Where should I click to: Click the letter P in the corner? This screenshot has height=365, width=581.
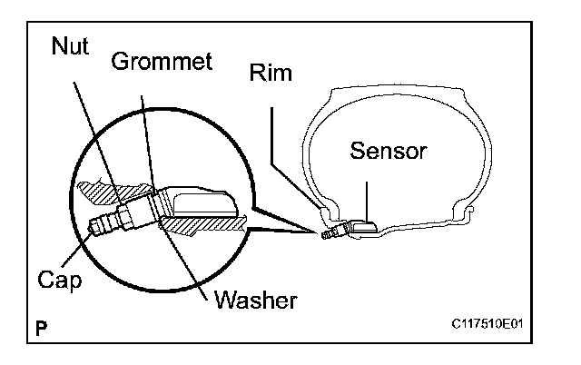pyautogui.click(x=43, y=327)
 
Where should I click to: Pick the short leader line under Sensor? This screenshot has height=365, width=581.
pyautogui.click(x=366, y=194)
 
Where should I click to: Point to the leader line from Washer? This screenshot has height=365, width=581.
pyautogui.click(x=186, y=263)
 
